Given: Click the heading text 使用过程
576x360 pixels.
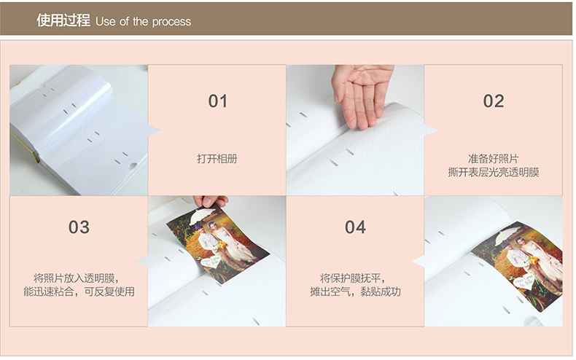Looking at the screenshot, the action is pyautogui.click(x=63, y=20).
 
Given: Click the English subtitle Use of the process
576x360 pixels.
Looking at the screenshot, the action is pyautogui.click(x=143, y=22).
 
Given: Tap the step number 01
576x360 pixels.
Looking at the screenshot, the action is pyautogui.click(x=218, y=101).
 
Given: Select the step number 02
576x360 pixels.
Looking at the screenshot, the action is pyautogui.click(x=494, y=101).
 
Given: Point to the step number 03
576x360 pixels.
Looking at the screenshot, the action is pyautogui.click(x=79, y=227).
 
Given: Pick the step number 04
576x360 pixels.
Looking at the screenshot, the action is pyautogui.click(x=355, y=227).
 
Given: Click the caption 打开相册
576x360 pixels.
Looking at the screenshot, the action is pyautogui.click(x=217, y=159).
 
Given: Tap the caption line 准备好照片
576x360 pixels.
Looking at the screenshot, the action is pyautogui.click(x=494, y=159).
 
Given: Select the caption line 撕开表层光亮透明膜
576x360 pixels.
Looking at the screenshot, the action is pyautogui.click(x=494, y=172).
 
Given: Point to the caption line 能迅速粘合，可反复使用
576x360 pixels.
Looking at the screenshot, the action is pyautogui.click(x=79, y=291).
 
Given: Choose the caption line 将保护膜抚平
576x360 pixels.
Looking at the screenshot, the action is pyautogui.click(x=352, y=278).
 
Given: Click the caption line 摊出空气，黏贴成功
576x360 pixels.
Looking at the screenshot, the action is pyautogui.click(x=355, y=291).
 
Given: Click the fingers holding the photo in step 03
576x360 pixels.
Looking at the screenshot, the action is pyautogui.click(x=210, y=201).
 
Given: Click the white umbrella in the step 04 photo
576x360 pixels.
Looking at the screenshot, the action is pyautogui.click(x=508, y=235).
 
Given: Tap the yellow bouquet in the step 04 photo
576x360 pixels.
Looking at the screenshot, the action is pyautogui.click(x=533, y=260).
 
